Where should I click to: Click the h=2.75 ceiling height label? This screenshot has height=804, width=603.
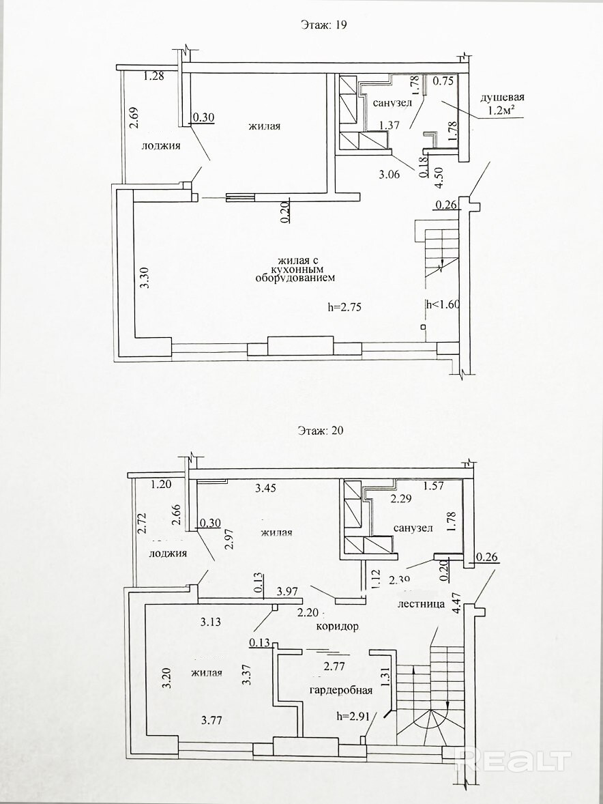pos(344,307)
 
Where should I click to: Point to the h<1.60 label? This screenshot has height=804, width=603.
pos(443,305)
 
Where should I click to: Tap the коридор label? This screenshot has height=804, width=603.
pos(337,626)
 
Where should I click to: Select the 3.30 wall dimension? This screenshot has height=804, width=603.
pos(144,278)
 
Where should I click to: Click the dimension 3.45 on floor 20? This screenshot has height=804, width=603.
pos(267,488)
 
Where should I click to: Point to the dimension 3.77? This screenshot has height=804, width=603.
pos(214,718)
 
